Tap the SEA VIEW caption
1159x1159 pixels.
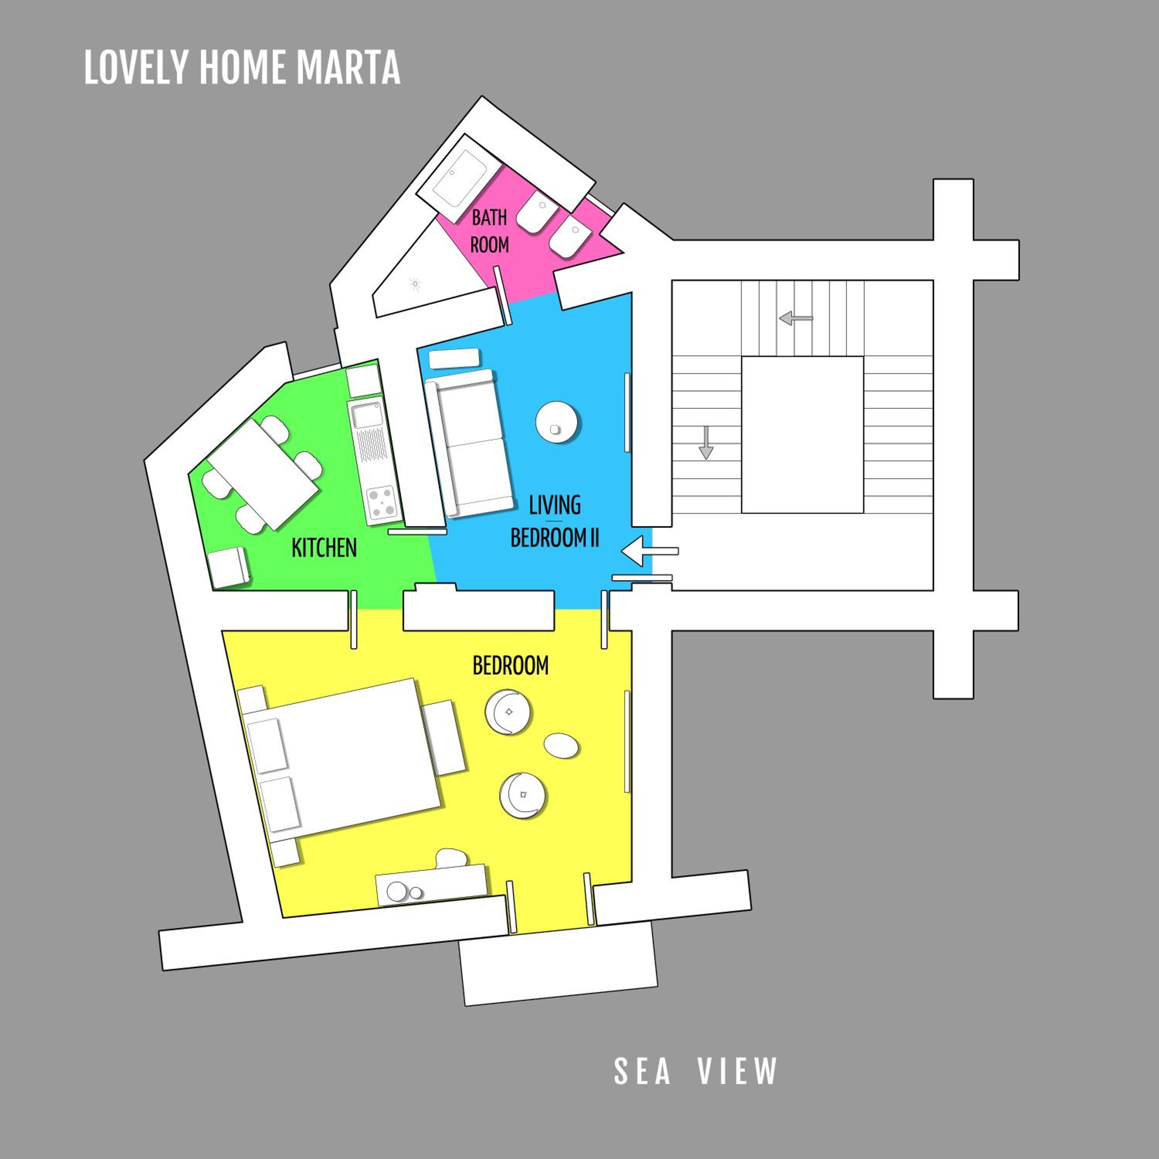click(695, 1071)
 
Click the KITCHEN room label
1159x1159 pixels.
click(324, 548)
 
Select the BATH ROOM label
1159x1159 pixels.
click(489, 231)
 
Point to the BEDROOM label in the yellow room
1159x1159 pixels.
click(510, 666)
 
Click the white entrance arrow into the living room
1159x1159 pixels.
click(650, 550)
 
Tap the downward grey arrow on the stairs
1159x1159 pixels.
click(706, 443)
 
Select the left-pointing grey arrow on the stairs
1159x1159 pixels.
click(795, 318)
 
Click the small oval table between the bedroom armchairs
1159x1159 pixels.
click(561, 746)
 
